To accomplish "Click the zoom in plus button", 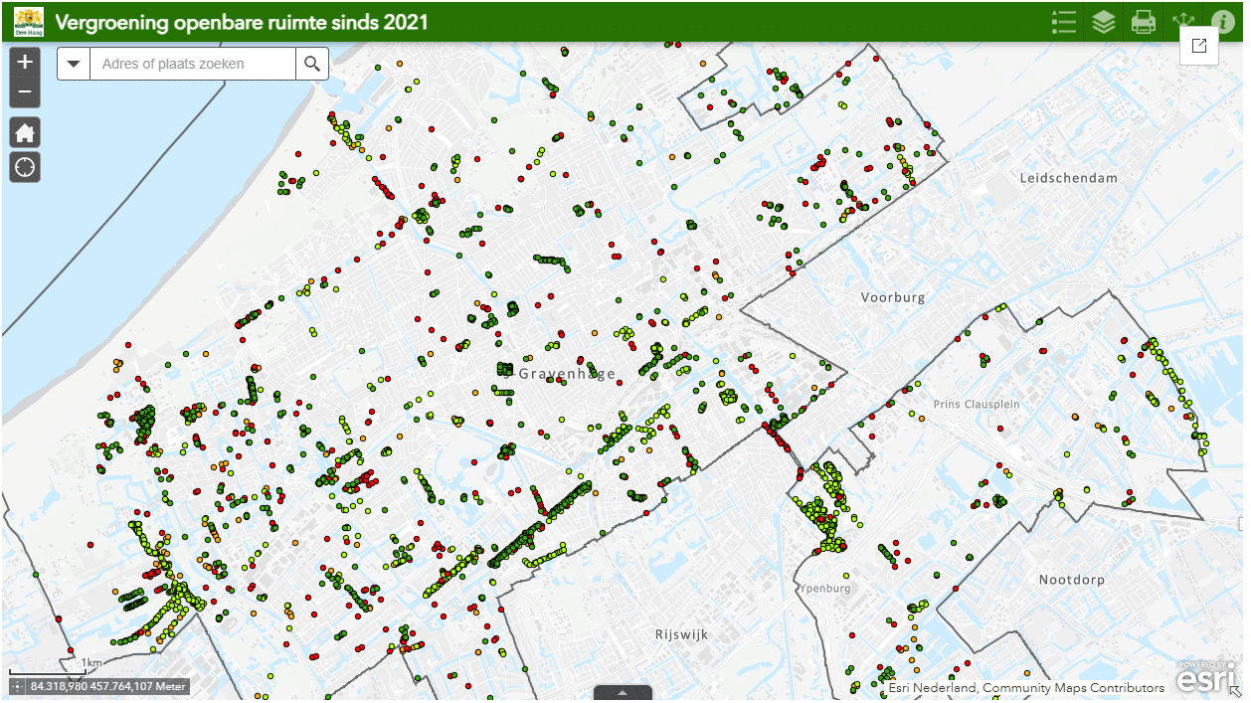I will (x=25, y=62).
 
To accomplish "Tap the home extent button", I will (x=25, y=132).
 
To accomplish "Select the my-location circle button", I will (x=25, y=167).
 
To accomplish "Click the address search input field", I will (x=192, y=64).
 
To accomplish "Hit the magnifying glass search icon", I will (x=312, y=64).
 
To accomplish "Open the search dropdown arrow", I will (x=74, y=64).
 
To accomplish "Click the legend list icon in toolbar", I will (x=1064, y=22).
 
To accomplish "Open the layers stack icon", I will (x=1104, y=22).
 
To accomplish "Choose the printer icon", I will (x=1144, y=22).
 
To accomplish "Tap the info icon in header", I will (x=1223, y=22).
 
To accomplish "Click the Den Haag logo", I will (x=29, y=21).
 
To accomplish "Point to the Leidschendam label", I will (x=1068, y=178).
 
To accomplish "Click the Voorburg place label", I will (x=893, y=297).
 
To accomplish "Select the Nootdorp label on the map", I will (x=1072, y=580).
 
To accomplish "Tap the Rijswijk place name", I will (x=680, y=633).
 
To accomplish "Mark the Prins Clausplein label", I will (x=978, y=405).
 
